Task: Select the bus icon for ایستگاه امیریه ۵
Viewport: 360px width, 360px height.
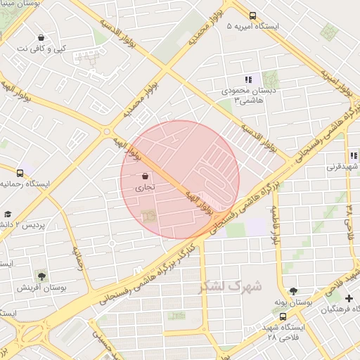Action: point(253,15)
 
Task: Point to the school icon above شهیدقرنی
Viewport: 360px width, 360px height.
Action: point(352,156)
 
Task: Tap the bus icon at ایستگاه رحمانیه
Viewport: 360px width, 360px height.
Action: point(20,172)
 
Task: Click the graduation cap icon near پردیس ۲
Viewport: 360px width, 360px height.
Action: point(8,214)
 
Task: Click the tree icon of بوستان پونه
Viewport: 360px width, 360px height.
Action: point(293,290)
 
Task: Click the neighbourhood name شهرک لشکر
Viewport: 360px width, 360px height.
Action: point(229,286)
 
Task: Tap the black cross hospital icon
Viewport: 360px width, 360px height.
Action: point(349,299)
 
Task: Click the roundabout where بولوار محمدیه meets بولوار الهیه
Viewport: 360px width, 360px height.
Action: point(107,131)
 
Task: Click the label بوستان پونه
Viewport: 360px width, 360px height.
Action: point(294,302)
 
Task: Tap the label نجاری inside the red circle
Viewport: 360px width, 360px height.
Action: point(144,188)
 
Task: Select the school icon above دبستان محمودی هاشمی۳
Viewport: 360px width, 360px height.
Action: point(247,79)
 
